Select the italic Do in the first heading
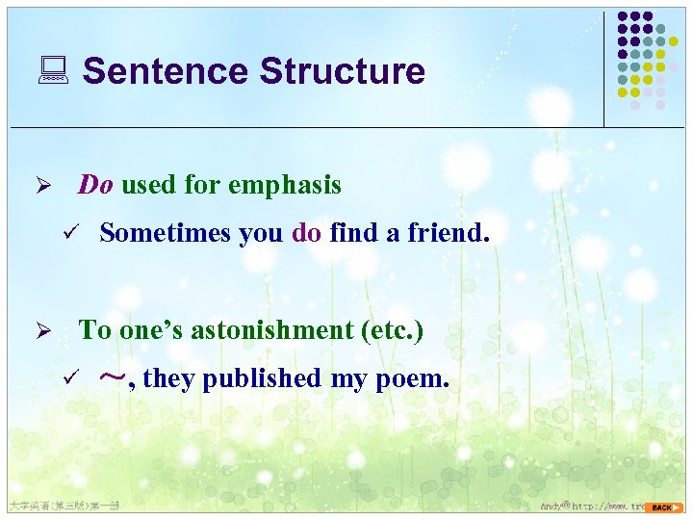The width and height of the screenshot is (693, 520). click(x=95, y=184)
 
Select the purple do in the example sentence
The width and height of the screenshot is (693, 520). click(x=306, y=232)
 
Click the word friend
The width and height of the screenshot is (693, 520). click(x=457, y=232)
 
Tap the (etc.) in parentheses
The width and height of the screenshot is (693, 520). click(x=391, y=330)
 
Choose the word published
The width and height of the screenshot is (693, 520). click(x=262, y=378)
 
